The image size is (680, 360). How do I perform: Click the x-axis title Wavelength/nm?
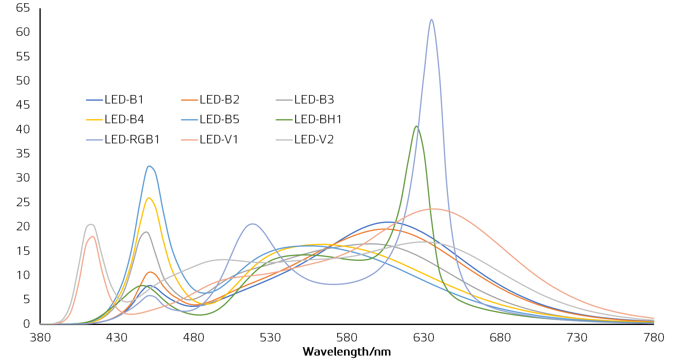[x=347, y=352]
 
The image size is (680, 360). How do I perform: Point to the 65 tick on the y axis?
[x=23, y=8]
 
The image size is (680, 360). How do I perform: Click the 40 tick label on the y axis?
[x=23, y=129]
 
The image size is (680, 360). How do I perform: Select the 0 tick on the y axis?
[x=27, y=324]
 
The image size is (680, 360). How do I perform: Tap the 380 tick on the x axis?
[x=40, y=337]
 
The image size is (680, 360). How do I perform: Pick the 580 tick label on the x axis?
[x=347, y=337]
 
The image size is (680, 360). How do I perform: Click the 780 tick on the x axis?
[x=654, y=337]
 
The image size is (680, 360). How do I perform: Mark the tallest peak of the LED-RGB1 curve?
[x=431, y=19]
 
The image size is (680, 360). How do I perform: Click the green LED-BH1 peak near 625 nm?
[x=416, y=126]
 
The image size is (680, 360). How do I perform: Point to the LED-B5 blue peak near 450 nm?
[x=149, y=166]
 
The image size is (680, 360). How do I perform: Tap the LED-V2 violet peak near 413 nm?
[x=91, y=224]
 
